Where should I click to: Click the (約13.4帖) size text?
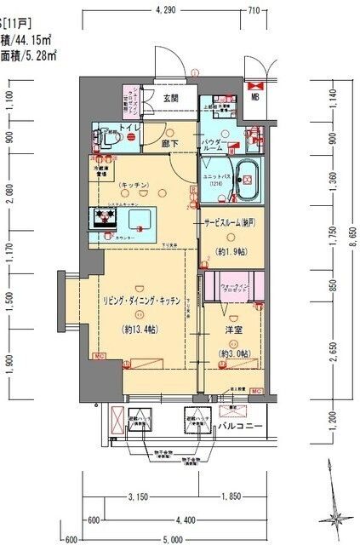pos(140,332)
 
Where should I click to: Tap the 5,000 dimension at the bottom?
pos(174,538)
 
